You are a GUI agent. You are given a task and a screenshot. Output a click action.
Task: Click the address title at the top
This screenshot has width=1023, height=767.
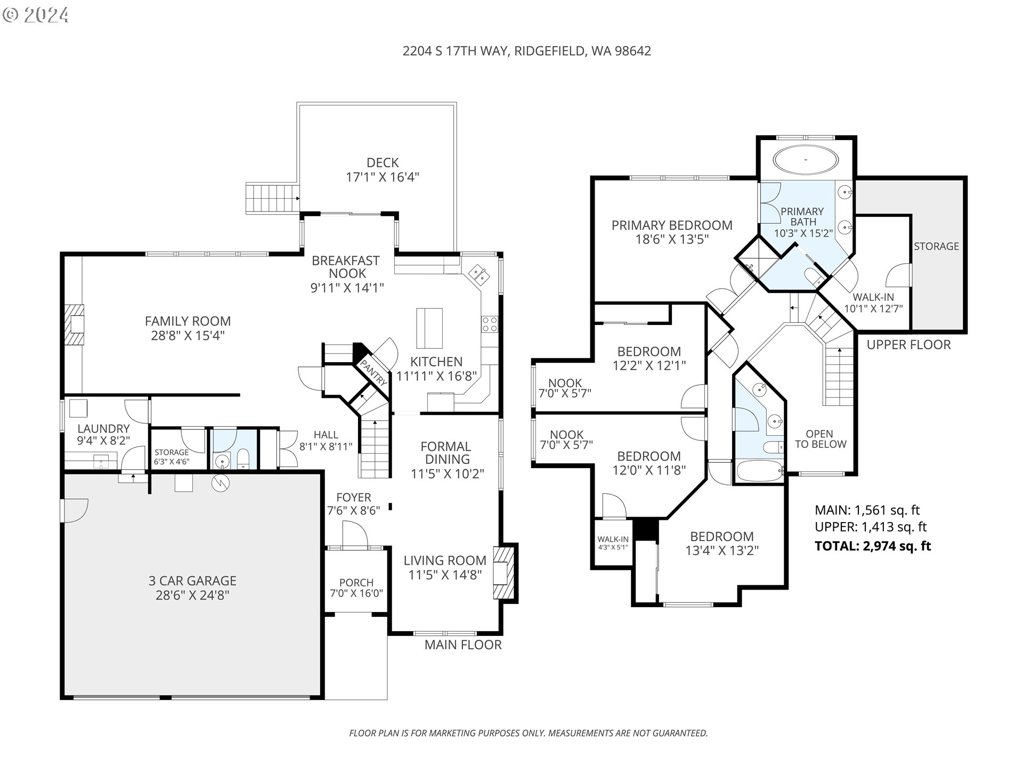tap(526, 51)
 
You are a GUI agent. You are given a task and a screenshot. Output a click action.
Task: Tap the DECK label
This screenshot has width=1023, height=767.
tap(383, 162)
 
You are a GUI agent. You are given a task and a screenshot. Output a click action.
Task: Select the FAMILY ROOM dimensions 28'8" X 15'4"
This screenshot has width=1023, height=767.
tap(188, 336)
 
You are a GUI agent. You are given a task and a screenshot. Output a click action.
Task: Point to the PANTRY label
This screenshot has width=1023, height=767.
tap(374, 372)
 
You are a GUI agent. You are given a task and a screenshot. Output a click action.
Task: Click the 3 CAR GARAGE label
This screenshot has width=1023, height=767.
tap(192, 581)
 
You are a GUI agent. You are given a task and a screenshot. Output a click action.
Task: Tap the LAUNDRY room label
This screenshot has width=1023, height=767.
tap(103, 429)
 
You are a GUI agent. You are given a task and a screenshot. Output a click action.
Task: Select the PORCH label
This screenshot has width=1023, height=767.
tap(356, 583)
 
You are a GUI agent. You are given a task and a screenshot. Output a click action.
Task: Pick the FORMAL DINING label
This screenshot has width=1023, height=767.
tap(445, 453)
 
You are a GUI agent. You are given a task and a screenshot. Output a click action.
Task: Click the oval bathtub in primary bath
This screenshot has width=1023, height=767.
tap(806, 159)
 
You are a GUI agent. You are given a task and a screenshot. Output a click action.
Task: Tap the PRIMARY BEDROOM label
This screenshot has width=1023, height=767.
tap(672, 225)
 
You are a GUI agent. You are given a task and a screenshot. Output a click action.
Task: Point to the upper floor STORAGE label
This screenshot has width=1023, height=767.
tap(936, 246)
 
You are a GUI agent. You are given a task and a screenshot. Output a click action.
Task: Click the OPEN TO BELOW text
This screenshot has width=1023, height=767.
tap(821, 439)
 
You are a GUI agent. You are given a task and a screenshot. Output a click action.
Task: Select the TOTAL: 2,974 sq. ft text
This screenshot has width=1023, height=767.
tap(873, 546)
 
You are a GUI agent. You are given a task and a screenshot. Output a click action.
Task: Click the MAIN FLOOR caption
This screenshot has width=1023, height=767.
tap(463, 645)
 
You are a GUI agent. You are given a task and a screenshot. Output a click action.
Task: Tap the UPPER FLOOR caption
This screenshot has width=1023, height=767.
tap(908, 345)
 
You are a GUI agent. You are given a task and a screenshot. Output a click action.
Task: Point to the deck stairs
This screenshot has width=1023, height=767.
tap(272, 199)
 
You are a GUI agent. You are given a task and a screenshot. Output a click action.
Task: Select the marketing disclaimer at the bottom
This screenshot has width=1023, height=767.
tap(529, 733)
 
